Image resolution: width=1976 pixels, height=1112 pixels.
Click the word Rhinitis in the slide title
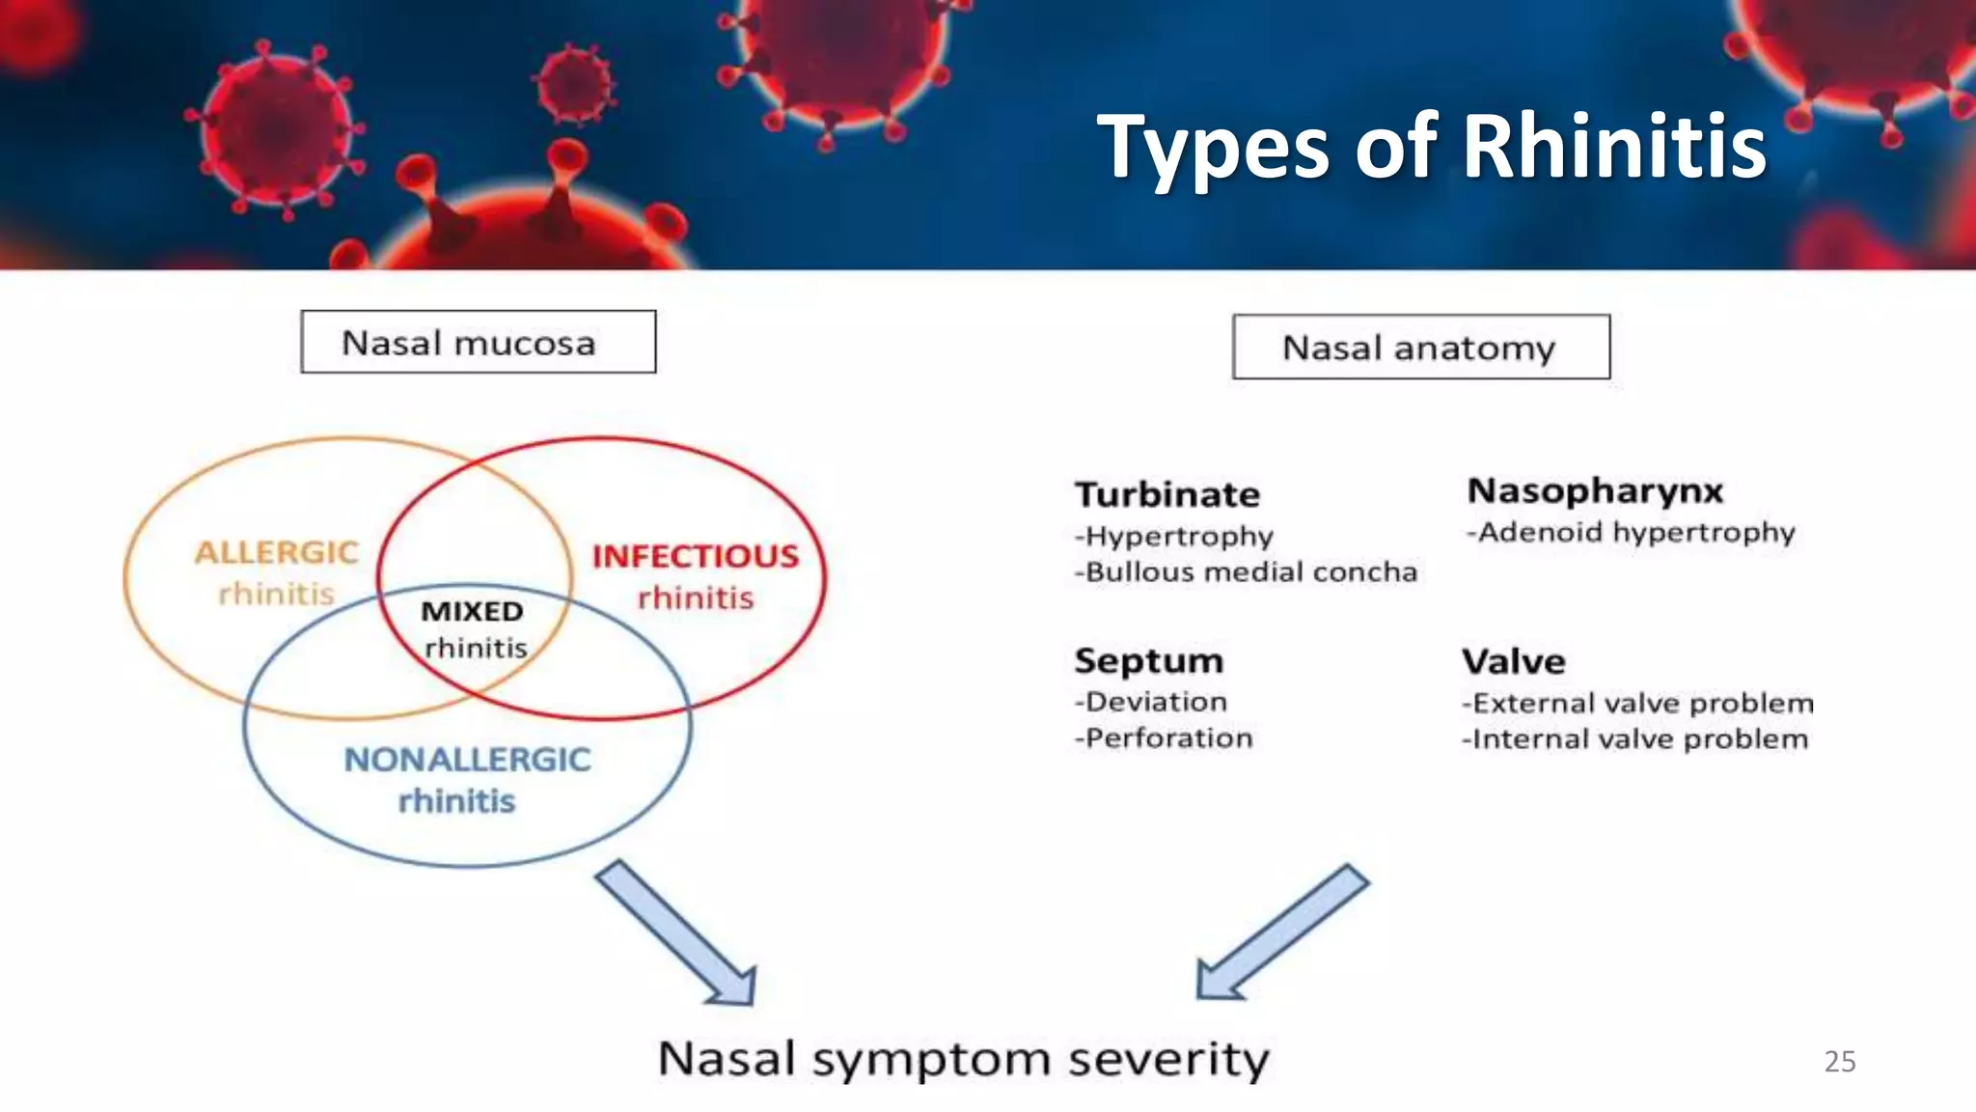[x=1614, y=147]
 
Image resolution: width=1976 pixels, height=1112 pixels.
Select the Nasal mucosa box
[x=478, y=342]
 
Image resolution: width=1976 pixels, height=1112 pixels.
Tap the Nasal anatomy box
[x=1420, y=347]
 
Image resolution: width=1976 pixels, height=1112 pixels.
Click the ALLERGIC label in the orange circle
[x=276, y=552]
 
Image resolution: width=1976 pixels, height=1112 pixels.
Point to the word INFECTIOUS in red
[x=695, y=556]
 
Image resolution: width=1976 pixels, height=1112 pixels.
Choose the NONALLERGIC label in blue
[x=467, y=760]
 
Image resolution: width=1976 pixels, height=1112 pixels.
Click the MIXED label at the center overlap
[x=472, y=611]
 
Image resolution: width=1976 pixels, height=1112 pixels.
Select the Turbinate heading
[x=1167, y=494]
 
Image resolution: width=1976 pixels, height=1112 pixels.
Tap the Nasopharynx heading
[x=1595, y=490]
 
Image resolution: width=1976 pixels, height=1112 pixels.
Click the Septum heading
[x=1149, y=661]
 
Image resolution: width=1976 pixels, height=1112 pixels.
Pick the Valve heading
[x=1514, y=662]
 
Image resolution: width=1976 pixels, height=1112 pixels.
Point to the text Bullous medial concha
[x=1247, y=572]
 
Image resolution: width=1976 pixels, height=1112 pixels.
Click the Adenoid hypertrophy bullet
[x=1632, y=532]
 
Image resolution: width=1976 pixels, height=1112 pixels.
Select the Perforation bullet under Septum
[x=1165, y=738]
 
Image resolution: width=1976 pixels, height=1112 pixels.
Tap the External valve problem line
[x=1637, y=703]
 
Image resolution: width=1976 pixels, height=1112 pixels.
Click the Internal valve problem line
[x=1635, y=739]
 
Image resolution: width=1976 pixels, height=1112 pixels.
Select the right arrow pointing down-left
[x=1280, y=932]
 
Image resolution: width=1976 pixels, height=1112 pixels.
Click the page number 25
[x=1839, y=1061]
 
